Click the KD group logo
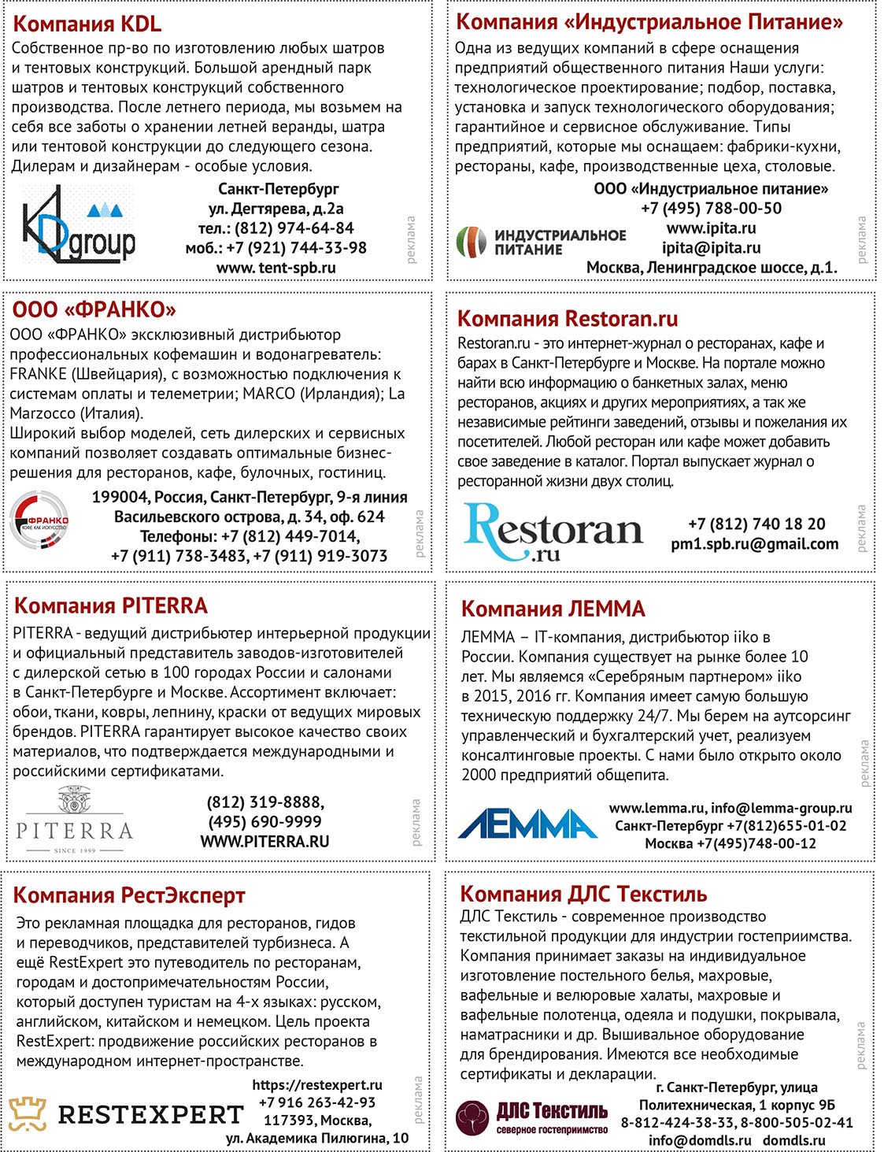click(x=78, y=226)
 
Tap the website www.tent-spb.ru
click(x=276, y=268)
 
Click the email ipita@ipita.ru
click(x=711, y=248)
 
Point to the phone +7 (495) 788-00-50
click(x=711, y=209)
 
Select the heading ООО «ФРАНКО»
click(x=94, y=309)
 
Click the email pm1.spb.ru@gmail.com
click(x=754, y=544)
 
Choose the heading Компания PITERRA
click(x=111, y=606)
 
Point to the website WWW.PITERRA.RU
click(x=264, y=842)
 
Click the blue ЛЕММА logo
click(x=527, y=824)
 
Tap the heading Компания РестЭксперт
click(x=129, y=895)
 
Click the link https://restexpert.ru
click(x=317, y=1085)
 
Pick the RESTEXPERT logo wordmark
click(x=150, y=1115)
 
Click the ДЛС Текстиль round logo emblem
click(x=473, y=1117)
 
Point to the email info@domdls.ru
click(x=700, y=1140)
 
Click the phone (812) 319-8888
click(x=265, y=802)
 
